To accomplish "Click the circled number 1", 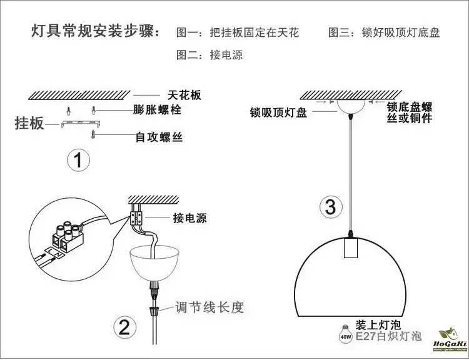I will (78, 162).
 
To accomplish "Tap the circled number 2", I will (124, 327).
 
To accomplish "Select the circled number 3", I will (331, 207).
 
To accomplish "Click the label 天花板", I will (184, 96).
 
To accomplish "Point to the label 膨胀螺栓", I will (158, 110).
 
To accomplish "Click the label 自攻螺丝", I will (159, 136).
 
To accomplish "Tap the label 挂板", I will (29, 123).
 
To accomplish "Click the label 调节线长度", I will (209, 307).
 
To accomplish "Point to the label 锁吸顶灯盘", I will (278, 113).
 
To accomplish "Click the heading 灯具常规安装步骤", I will (95, 32).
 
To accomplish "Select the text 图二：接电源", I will (209, 55).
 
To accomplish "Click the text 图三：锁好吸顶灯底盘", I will (384, 32).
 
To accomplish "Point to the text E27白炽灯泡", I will (388, 337).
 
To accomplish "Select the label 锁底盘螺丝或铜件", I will (410, 112).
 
